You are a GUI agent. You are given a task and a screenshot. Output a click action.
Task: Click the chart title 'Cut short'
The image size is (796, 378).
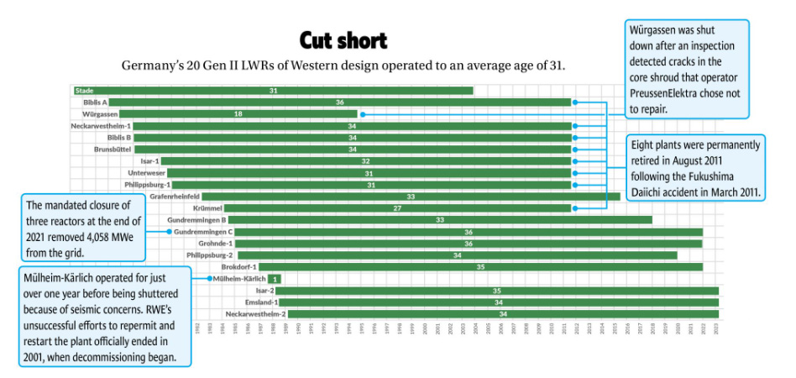[343, 39]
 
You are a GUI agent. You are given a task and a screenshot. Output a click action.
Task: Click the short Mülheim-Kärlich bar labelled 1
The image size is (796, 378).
[275, 278]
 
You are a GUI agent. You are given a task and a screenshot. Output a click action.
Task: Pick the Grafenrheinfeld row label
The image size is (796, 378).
[175, 196]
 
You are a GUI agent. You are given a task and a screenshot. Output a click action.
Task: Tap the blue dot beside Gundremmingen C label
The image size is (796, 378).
[169, 231]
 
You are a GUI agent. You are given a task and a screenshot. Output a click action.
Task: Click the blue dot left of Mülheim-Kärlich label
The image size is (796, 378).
[209, 278]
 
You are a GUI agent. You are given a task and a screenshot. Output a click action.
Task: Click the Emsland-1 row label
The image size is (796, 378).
[261, 302]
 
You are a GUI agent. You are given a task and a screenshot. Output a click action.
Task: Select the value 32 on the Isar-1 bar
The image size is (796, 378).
[365, 160]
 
